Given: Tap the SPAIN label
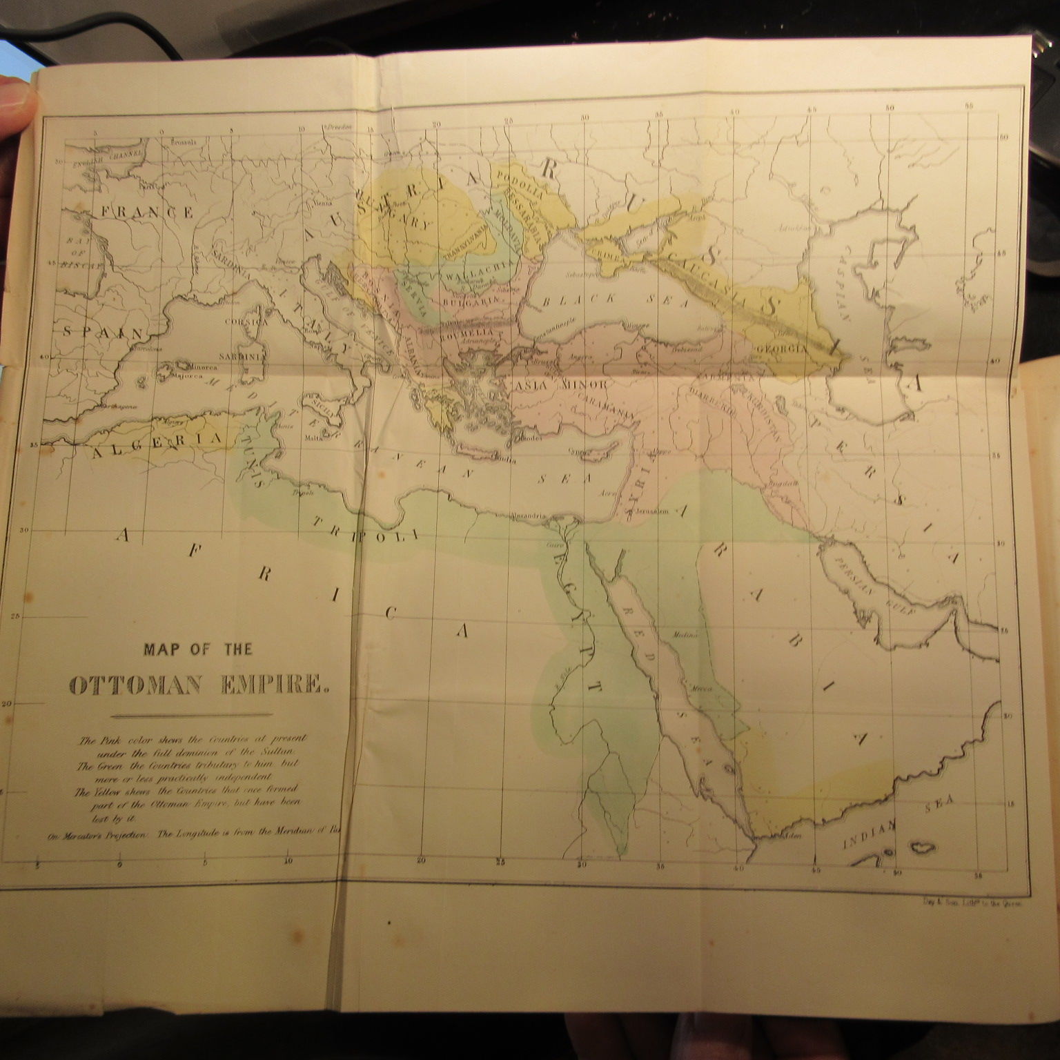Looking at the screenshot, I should point(103,332).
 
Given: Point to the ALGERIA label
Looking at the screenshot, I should point(156,444).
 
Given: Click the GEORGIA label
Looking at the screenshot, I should point(781,349).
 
